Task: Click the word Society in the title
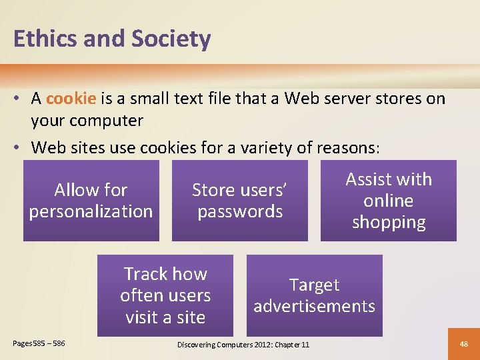(x=171, y=39)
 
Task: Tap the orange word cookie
(x=71, y=99)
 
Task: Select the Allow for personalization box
(x=91, y=201)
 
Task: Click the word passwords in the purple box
(x=240, y=212)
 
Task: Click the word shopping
(x=389, y=222)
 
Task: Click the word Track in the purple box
(x=145, y=274)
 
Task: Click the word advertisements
(x=315, y=307)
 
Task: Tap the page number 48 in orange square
(x=465, y=344)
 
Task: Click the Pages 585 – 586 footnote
(x=39, y=343)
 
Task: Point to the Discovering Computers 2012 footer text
(x=243, y=345)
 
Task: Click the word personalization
(x=91, y=212)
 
